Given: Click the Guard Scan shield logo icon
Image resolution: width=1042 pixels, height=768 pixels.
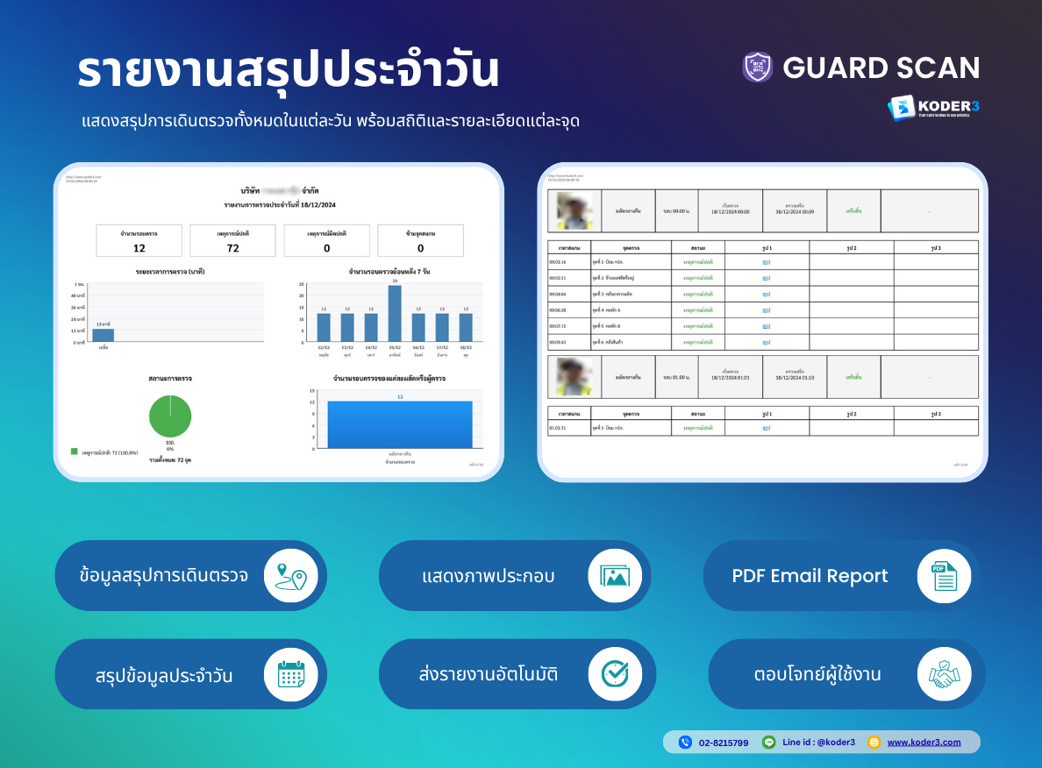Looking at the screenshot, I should point(758,68).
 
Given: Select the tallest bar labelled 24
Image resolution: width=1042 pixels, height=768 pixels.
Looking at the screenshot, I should point(395,313).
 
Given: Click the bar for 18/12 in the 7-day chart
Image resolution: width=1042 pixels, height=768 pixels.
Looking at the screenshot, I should point(466,327).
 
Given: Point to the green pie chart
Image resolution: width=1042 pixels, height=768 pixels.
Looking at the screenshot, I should point(170,416).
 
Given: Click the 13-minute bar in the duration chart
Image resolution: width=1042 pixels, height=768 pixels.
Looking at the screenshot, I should point(103,335).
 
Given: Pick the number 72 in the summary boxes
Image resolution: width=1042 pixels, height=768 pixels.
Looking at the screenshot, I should point(233,248).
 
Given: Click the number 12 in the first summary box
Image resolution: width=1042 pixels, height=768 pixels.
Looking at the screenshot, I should point(139,248).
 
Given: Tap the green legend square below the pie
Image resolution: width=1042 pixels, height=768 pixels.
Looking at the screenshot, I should point(75,452).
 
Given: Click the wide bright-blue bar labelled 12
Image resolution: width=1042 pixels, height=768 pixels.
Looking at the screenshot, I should point(399,424).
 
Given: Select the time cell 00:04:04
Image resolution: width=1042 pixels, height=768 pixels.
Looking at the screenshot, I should point(558,294).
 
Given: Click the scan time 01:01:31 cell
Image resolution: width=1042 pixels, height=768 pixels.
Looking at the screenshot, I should point(558,428).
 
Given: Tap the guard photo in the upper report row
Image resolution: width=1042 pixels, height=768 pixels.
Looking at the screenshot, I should point(575,210).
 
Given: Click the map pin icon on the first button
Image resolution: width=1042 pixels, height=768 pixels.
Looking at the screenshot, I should point(290,575).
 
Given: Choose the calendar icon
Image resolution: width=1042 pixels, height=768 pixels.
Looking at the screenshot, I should point(290,674).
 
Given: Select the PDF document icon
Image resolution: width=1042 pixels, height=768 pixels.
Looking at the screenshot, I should point(944,575).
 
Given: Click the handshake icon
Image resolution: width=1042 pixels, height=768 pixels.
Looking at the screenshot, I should point(944,674).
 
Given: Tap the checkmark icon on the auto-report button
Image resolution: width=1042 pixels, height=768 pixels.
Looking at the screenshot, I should point(615,674).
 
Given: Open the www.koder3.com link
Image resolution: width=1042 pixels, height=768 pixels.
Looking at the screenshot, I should point(924,743).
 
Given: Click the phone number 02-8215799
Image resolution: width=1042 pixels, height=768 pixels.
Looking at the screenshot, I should point(724,743).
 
